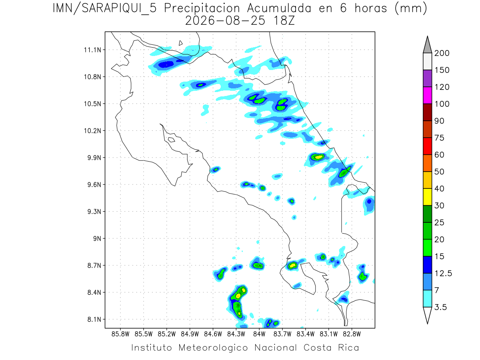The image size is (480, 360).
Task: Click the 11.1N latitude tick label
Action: point(92,50)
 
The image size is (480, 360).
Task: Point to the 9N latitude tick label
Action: point(97,238)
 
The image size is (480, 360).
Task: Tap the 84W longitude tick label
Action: point(259,334)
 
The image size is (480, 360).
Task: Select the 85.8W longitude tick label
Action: point(120,334)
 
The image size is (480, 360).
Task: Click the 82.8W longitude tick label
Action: point(352,334)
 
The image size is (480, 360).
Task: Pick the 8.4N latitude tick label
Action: point(94,292)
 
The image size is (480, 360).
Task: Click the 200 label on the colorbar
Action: point(442,53)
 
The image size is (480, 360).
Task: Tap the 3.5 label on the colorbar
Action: point(440,307)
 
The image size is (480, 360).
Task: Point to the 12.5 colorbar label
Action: point(443,273)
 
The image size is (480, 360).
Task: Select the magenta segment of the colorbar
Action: point(427,95)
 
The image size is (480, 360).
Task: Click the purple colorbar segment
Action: point(427,78)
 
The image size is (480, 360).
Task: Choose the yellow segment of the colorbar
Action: point(427,197)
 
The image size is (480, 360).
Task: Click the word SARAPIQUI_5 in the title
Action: point(119,9)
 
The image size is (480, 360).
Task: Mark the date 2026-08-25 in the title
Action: point(225,21)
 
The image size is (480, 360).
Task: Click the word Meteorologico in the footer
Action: point(213,348)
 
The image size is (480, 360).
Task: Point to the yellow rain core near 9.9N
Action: point(319,157)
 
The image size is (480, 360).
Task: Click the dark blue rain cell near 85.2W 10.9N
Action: point(166,64)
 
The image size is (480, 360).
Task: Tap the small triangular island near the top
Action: point(180,43)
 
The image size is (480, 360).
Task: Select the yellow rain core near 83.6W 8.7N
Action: point(292,266)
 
